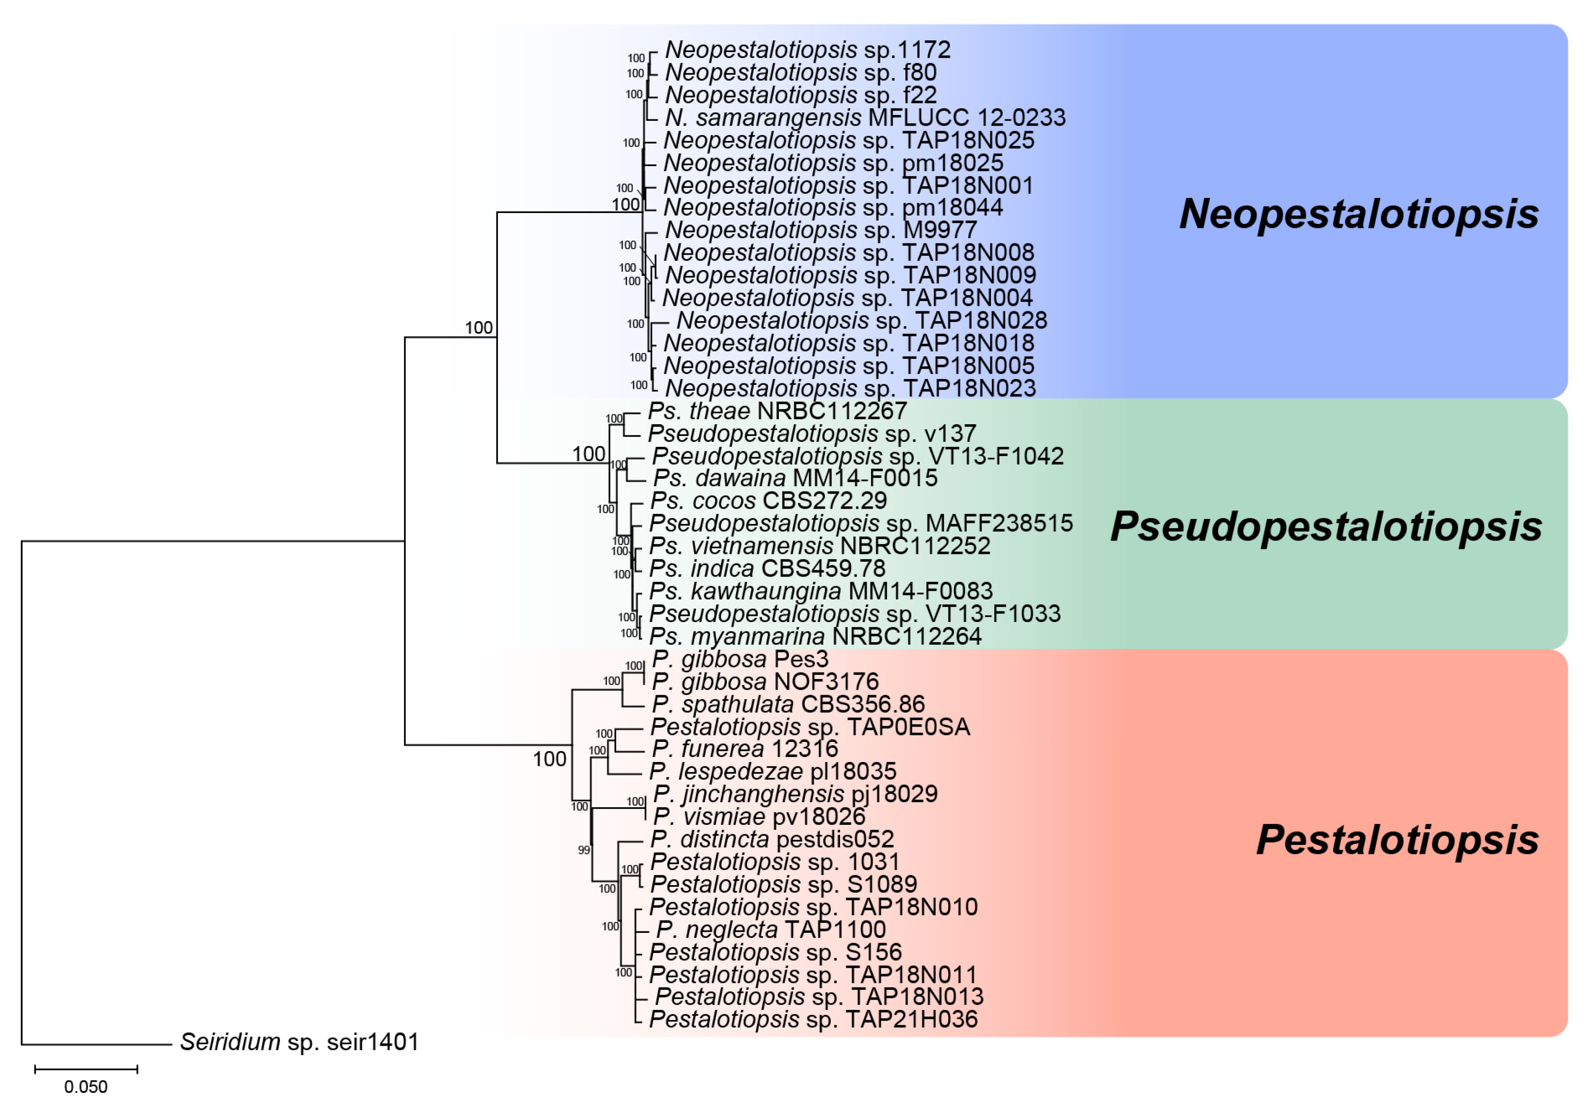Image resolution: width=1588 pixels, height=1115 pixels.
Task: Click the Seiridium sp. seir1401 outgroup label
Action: click(x=300, y=1042)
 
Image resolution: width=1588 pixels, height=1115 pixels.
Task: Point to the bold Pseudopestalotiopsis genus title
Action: click(x=1326, y=526)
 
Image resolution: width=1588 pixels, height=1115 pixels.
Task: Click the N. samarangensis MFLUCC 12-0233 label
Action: click(x=865, y=117)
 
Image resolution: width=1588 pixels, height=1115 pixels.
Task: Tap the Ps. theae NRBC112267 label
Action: click(x=777, y=411)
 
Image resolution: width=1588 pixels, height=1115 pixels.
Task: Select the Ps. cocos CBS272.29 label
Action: click(x=767, y=500)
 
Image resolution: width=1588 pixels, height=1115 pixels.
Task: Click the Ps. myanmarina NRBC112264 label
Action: click(x=815, y=636)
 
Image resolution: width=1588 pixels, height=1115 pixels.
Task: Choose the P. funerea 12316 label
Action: click(x=744, y=748)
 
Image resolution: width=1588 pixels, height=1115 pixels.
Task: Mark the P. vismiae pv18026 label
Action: click(x=759, y=817)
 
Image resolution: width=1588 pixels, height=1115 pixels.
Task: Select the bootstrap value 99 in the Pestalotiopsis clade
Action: click(x=584, y=850)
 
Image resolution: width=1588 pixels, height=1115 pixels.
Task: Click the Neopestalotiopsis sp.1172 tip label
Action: click(x=807, y=50)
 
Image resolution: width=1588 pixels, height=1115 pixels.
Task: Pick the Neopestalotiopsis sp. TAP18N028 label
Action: click(x=861, y=320)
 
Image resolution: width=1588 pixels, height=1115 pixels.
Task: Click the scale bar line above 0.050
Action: click(x=86, y=1069)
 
